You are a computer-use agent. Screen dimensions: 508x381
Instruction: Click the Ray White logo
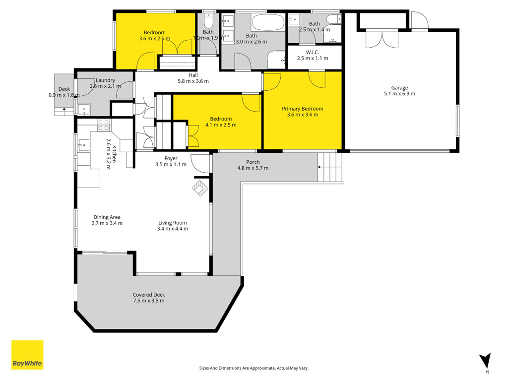coord(27,355)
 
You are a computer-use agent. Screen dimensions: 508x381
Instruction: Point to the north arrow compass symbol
coord(485,361)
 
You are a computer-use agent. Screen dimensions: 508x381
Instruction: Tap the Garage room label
coord(399,88)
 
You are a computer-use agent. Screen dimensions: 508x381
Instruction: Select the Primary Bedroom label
coord(302,109)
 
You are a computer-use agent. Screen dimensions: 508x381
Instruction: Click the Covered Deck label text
coord(149,295)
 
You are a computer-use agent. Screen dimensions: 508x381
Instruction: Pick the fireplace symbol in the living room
coord(200,188)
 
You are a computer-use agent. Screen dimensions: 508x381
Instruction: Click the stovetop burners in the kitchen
coord(104,125)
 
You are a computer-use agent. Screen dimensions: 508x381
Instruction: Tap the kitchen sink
coord(83,145)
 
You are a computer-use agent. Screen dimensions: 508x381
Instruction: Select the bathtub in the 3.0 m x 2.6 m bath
coord(268,22)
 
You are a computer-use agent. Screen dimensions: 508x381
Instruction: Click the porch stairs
coord(330,167)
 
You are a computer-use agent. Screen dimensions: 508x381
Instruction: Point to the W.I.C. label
coord(313,52)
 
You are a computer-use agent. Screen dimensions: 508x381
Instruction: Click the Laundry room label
coord(105,80)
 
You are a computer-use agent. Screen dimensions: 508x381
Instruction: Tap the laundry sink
coord(84,110)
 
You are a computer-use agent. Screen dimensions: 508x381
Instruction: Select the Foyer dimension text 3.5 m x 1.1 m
coord(171,164)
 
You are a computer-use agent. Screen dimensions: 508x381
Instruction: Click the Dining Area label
coord(107,217)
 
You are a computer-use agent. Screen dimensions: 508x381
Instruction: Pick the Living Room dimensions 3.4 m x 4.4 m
coord(172,229)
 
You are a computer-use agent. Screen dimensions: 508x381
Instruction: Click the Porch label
coord(253,162)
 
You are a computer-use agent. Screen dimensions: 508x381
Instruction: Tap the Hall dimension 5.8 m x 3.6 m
coord(193,81)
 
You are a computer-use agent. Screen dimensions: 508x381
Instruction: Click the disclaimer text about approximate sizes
coord(254,368)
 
